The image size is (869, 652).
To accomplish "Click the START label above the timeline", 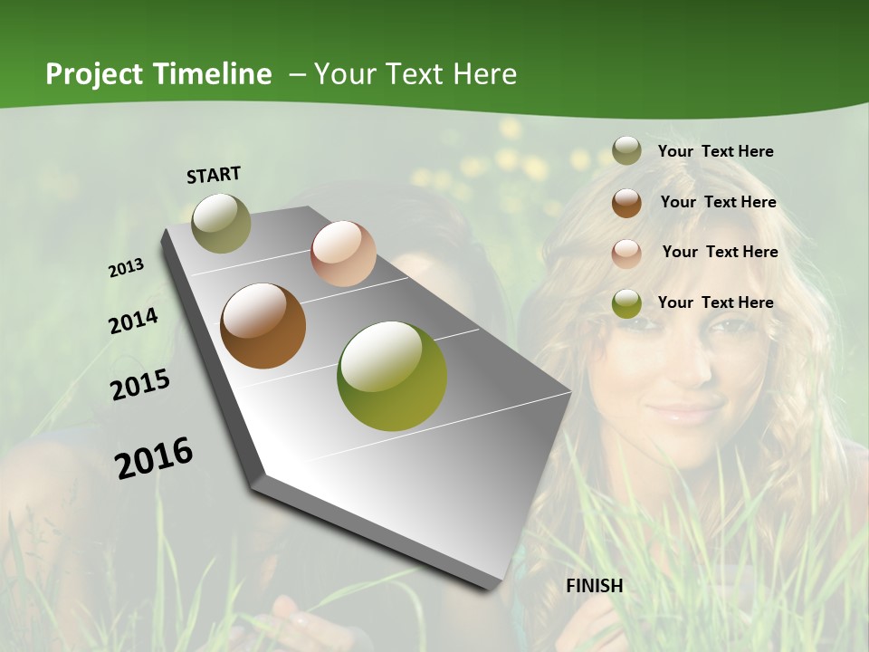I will click(214, 174).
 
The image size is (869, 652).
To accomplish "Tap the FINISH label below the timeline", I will click(595, 586).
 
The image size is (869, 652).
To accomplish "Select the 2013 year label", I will click(127, 267).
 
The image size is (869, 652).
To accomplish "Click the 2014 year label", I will click(134, 321).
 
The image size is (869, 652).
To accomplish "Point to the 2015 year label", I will click(140, 384).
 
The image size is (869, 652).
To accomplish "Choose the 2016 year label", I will click(154, 457).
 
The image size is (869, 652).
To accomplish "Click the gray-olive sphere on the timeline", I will click(222, 223).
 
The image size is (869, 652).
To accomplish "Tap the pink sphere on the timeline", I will click(343, 254).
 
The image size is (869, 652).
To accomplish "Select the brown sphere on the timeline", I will click(263, 326).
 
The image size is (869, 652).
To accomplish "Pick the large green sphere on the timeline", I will click(392, 376).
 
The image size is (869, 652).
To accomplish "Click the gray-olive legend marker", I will click(626, 151).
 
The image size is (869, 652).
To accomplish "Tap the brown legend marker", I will click(626, 203).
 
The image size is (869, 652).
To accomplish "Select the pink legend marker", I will click(626, 253).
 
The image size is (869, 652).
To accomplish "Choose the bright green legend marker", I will click(626, 303).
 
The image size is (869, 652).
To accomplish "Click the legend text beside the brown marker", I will click(719, 202).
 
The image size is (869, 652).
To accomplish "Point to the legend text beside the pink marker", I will click(720, 252).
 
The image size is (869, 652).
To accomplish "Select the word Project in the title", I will click(94, 74).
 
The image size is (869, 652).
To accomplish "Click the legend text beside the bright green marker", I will click(716, 302).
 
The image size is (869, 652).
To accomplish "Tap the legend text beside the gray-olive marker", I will click(716, 151).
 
